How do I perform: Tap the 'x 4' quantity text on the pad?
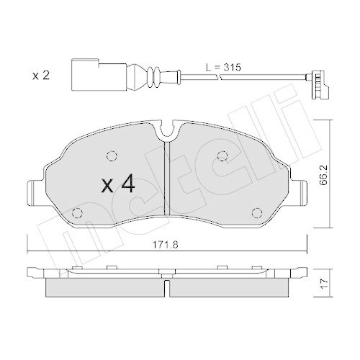tap(118, 185)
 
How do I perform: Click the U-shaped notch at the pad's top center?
tap(167, 133)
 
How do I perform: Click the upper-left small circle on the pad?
tap(112, 155)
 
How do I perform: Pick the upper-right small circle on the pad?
tap(223, 155)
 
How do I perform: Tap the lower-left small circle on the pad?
tap(78, 212)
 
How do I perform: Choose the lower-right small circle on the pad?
tap(257, 212)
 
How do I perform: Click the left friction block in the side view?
tap(105, 287)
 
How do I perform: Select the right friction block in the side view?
tap(229, 287)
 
